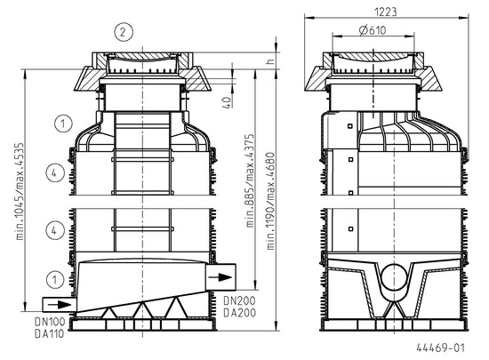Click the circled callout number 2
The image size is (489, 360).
(124, 32)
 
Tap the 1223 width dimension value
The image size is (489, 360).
(386, 12)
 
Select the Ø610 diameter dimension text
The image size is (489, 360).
(373, 30)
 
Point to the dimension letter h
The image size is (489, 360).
(271, 61)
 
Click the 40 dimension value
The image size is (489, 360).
(228, 102)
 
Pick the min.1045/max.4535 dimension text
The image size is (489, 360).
(20, 191)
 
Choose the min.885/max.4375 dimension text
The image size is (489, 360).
(250, 180)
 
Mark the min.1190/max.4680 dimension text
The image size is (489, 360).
(271, 201)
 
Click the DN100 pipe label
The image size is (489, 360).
(50, 322)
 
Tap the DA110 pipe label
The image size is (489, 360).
(49, 334)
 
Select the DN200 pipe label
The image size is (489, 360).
(239, 300)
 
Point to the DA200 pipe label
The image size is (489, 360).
(240, 313)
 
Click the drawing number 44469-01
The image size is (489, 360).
(441, 348)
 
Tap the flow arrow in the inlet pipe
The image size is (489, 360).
(60, 305)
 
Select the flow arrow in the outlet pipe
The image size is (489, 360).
(220, 277)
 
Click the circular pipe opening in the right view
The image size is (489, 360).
(395, 277)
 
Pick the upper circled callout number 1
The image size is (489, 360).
(63, 124)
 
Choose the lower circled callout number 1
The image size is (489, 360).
(55, 279)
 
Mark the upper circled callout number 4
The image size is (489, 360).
(55, 173)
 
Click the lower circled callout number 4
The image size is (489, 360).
(55, 231)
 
